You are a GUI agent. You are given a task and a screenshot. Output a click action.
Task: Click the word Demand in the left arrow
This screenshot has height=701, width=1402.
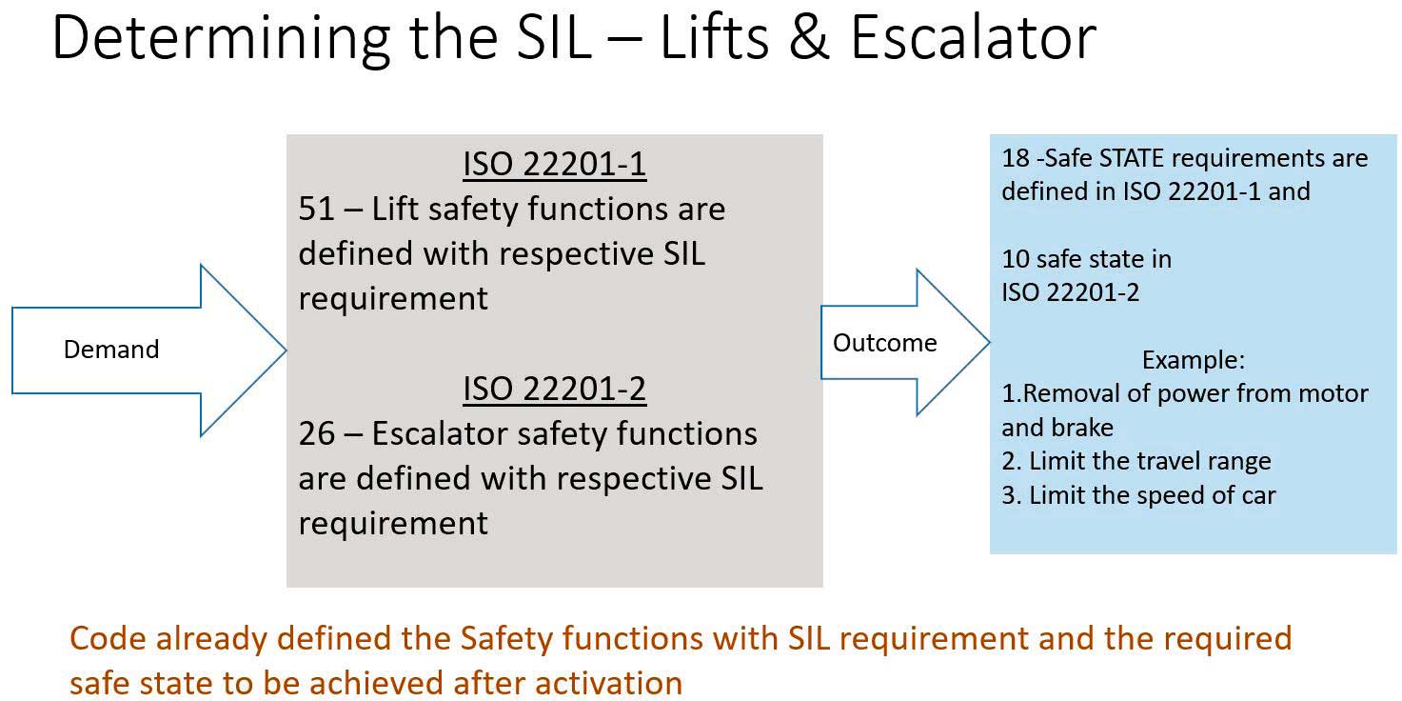click(x=111, y=350)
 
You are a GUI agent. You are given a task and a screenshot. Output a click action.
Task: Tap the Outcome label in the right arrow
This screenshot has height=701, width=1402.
click(x=884, y=343)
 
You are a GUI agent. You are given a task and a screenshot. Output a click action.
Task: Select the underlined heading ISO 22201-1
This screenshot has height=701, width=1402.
click(x=555, y=164)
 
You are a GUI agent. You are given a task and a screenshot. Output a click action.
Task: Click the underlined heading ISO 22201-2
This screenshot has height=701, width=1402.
click(x=555, y=389)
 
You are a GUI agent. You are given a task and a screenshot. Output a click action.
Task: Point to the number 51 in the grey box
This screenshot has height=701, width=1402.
click(x=317, y=209)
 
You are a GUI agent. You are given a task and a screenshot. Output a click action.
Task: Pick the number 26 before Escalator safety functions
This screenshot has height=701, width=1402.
click(x=317, y=433)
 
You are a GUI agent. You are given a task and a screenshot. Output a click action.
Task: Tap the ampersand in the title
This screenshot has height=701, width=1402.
click(x=809, y=38)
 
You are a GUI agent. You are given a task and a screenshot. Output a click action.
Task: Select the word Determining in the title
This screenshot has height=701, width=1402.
click(x=221, y=39)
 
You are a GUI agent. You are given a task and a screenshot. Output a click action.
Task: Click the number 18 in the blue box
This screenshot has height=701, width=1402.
click(x=1016, y=158)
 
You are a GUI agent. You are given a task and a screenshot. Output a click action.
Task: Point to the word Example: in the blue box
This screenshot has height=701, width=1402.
click(x=1193, y=360)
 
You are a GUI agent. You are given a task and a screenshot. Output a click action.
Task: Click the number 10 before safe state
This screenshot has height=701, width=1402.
click(x=1016, y=259)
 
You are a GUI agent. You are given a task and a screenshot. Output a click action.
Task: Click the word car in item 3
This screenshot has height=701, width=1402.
click(x=1258, y=495)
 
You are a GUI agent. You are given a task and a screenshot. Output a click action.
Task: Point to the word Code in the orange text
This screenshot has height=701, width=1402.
click(x=107, y=639)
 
